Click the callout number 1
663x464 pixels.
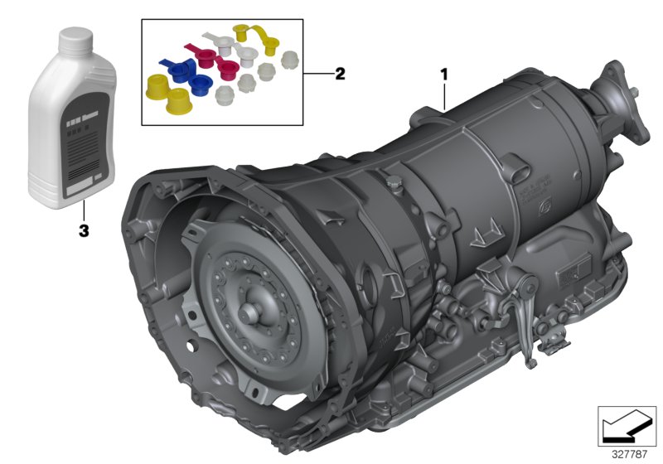point(444,74)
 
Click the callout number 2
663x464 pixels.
point(339,74)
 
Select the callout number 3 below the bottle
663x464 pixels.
point(83,231)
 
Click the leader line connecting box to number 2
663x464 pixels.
point(317,74)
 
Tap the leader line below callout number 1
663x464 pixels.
point(445,95)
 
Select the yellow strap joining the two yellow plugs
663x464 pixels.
point(256,35)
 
